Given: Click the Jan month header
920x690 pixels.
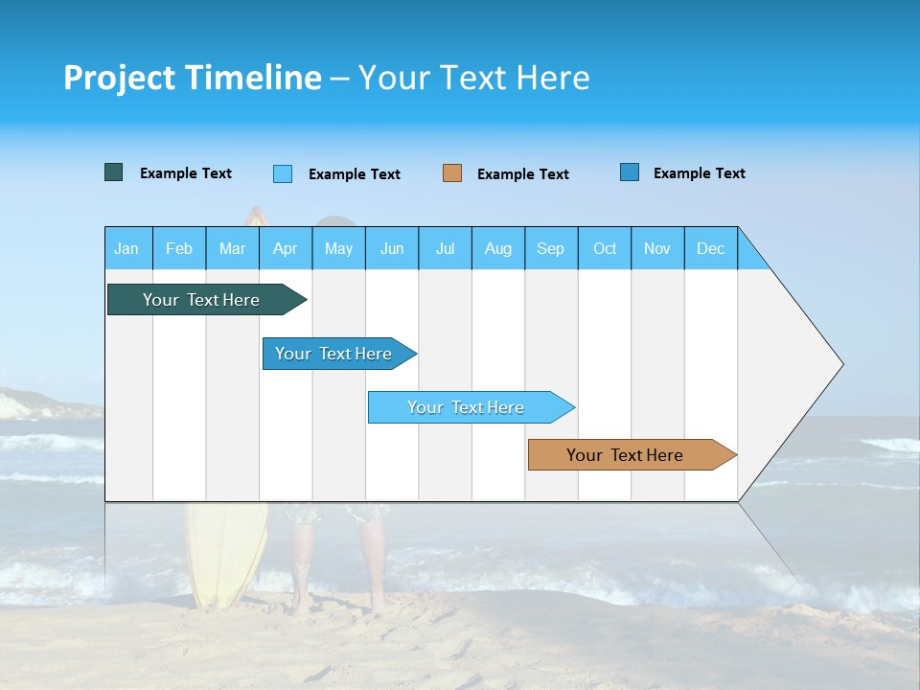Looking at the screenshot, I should (x=126, y=248).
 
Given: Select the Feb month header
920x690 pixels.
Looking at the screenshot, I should (x=179, y=248).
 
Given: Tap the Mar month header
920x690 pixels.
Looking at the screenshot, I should (x=232, y=248).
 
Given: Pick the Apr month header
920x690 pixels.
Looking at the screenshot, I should (x=285, y=248).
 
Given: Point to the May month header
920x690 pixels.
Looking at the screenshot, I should (x=338, y=248).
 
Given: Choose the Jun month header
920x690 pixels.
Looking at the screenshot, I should (x=392, y=248).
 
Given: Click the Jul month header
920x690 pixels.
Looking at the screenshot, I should (x=445, y=248).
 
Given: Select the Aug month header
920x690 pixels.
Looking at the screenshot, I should (x=498, y=248).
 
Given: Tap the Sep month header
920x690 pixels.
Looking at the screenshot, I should (x=550, y=248).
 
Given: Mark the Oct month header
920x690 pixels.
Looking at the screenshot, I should (x=605, y=248).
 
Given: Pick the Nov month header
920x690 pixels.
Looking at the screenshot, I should (x=657, y=248).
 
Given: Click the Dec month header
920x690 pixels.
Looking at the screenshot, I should (x=710, y=248).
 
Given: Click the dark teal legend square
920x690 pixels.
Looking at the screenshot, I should (x=114, y=172).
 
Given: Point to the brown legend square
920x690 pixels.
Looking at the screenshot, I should (x=452, y=173).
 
